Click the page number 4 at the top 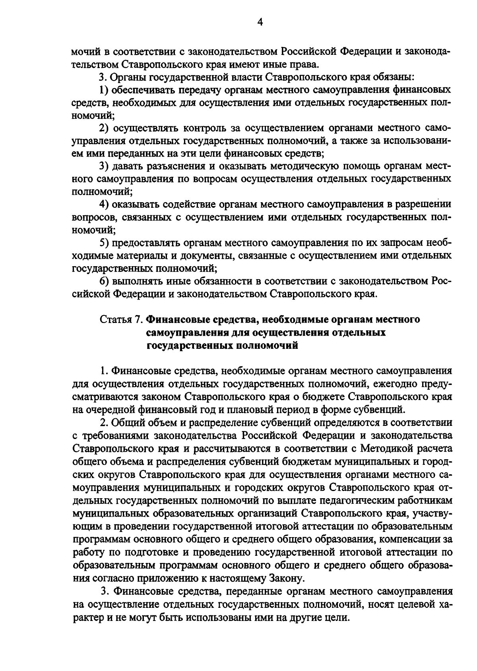pos(260,23)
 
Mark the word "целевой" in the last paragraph pos(403,604)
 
